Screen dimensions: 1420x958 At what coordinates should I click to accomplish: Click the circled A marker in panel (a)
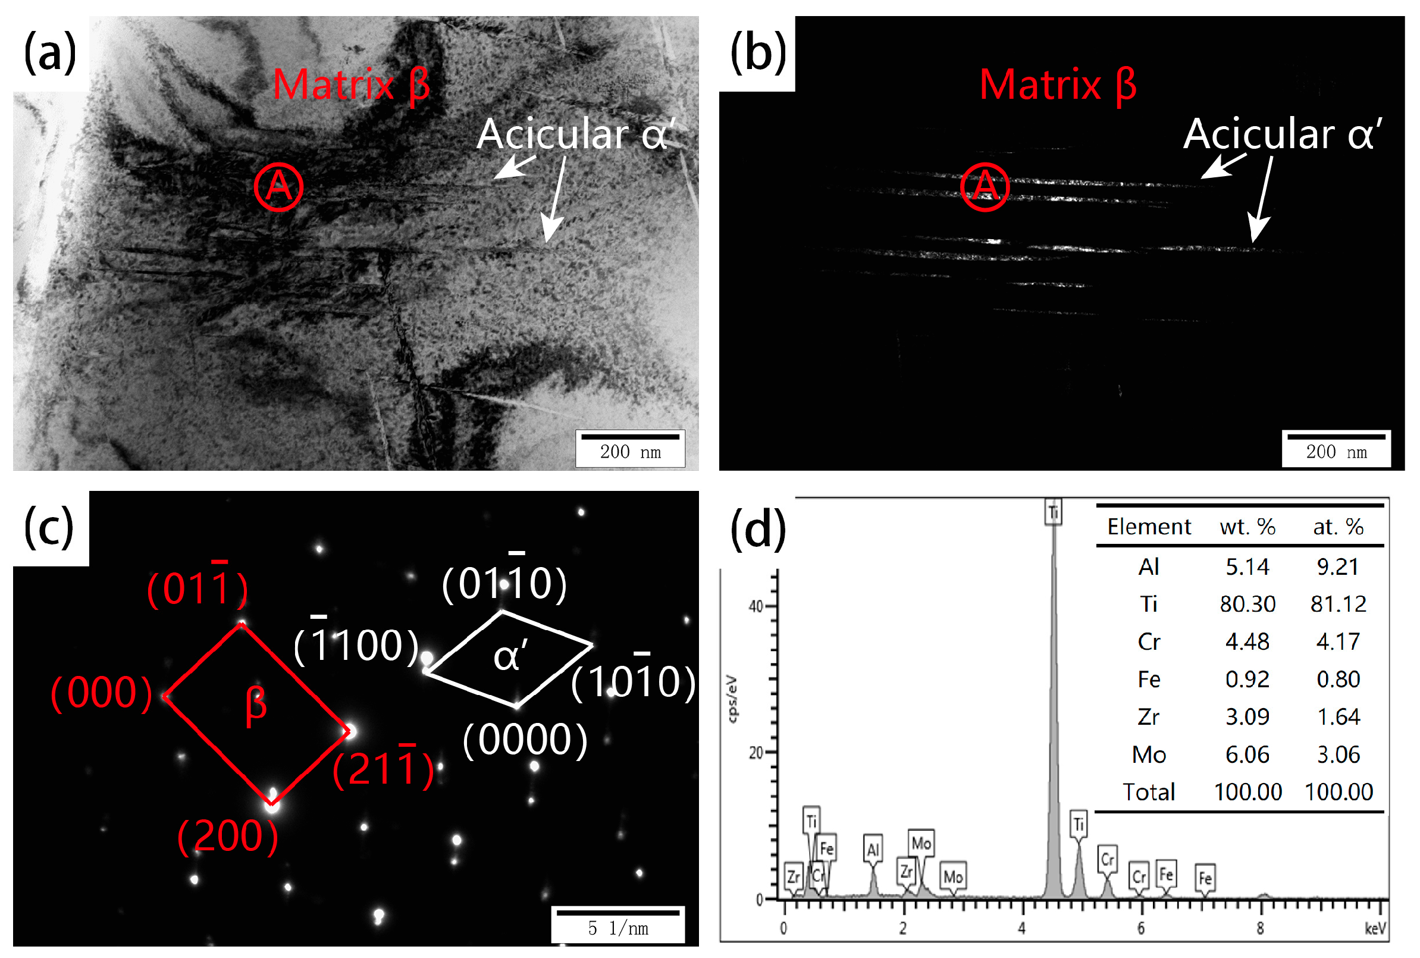click(278, 187)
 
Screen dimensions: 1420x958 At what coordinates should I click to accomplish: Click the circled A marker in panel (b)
click(984, 187)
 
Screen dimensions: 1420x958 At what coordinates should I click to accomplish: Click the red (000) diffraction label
click(101, 693)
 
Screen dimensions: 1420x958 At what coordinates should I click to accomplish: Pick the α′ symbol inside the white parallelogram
click(510, 657)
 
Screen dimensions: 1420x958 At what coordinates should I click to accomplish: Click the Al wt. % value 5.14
click(1246, 567)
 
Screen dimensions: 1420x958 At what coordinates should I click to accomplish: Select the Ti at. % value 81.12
click(1337, 604)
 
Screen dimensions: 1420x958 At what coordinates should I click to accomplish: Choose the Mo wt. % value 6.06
click(1246, 754)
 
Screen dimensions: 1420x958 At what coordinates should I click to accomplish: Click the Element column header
click(1148, 527)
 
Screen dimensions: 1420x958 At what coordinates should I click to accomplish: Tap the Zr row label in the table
click(1148, 716)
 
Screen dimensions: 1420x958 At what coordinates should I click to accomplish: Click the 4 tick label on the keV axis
click(1021, 929)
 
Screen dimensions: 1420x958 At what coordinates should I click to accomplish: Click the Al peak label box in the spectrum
click(873, 849)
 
